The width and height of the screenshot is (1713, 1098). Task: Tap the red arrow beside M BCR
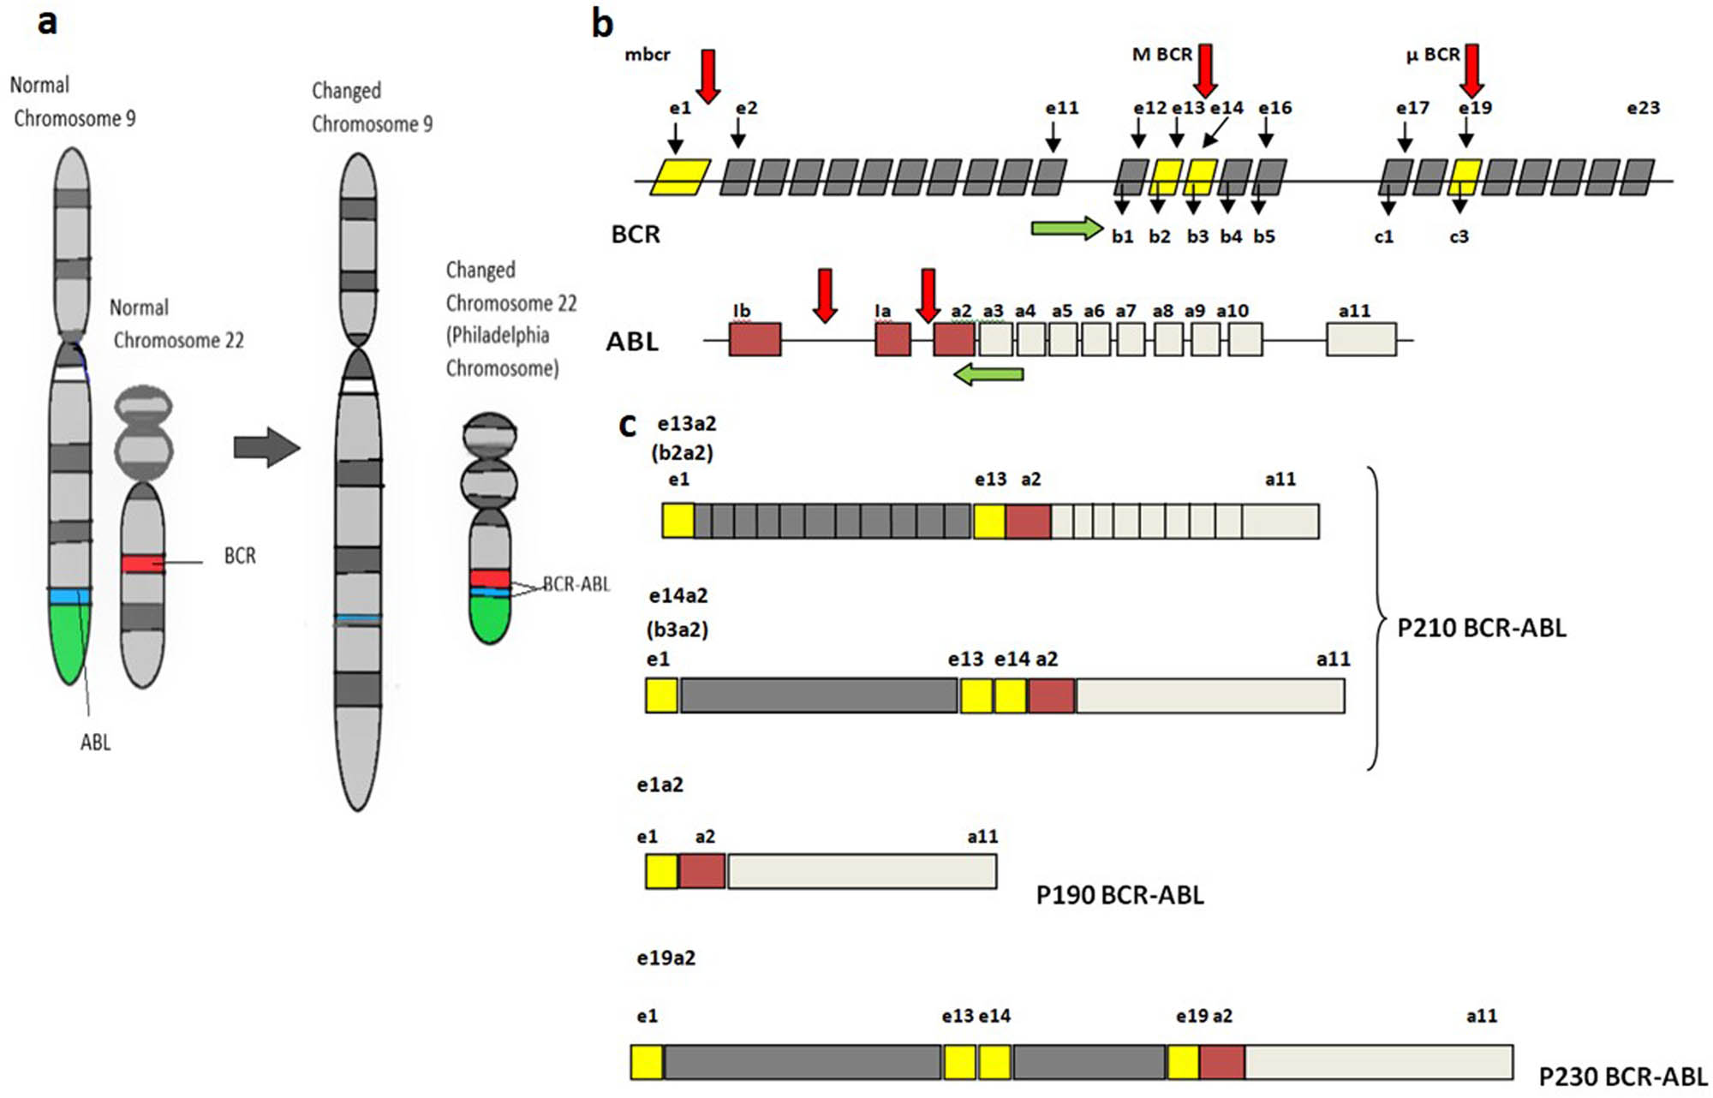coord(1205,70)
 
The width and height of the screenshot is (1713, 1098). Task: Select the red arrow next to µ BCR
coord(1472,70)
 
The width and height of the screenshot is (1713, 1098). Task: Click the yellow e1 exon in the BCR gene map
coord(681,177)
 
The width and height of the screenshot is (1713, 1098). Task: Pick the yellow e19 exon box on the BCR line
coord(1465,177)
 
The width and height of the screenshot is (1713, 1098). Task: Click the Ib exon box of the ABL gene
coord(755,339)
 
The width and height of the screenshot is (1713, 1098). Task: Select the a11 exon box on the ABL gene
coord(1361,339)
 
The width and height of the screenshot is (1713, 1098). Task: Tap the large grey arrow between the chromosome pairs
coord(266,447)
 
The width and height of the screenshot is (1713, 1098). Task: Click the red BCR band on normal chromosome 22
coord(142,563)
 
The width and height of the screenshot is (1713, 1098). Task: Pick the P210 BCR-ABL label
coord(1481,628)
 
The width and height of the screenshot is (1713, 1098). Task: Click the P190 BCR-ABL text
coord(1119,895)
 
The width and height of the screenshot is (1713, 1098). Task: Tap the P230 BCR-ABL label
coord(1622,1077)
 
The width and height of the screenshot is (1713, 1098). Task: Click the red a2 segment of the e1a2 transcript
coord(702,871)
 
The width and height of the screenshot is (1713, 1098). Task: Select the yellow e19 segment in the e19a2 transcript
coord(1183,1062)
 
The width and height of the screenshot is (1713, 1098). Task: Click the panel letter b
coord(602,24)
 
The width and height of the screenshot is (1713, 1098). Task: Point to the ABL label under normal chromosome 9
coord(95,742)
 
